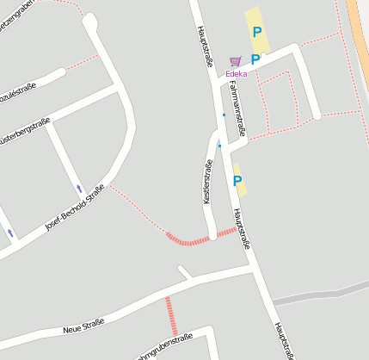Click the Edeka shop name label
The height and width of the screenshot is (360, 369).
(237, 74)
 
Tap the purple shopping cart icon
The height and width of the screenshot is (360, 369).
(236, 62)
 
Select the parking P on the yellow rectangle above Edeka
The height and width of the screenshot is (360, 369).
(256, 32)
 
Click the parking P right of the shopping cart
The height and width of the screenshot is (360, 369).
(255, 59)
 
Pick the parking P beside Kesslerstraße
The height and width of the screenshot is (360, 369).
(237, 181)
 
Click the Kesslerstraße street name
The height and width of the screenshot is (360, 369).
(207, 181)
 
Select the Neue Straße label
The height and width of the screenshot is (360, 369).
(83, 326)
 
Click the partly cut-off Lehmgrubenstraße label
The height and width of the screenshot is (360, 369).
(163, 347)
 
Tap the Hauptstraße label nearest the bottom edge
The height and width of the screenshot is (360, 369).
(285, 340)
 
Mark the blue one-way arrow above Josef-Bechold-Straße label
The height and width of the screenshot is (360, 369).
(79, 188)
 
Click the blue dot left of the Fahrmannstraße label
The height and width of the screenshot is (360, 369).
(224, 115)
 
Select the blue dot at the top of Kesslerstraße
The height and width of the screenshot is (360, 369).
(219, 146)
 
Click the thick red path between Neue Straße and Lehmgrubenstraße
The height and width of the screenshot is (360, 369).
(171, 316)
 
